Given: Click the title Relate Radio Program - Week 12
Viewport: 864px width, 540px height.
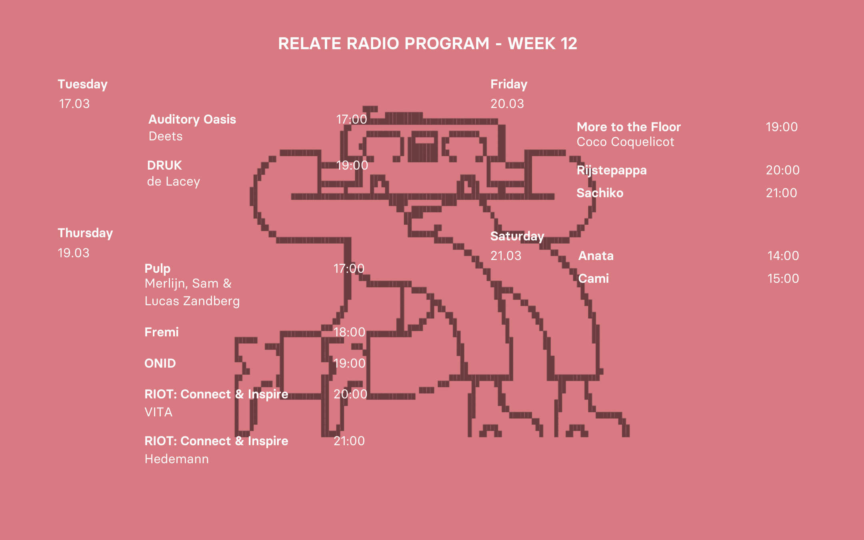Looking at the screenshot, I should [428, 44].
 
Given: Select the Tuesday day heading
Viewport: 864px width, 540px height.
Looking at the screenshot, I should [82, 84].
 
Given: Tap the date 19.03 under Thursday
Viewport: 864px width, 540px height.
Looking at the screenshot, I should [74, 253].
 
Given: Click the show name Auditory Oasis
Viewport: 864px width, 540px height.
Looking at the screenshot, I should [192, 119].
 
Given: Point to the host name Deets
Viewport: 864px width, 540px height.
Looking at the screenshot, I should [166, 136].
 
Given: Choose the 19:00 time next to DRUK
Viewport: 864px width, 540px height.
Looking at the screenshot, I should [352, 165].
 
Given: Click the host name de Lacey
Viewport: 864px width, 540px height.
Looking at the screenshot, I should [173, 182].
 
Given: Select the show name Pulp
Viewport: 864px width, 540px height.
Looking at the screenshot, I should [157, 268].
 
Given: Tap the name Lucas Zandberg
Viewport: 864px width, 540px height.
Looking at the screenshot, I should [192, 301].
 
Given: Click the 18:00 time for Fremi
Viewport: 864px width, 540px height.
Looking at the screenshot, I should [349, 332].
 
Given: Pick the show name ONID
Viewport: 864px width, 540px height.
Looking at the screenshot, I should [160, 363].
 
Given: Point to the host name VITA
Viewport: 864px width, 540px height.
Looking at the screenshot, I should [158, 412].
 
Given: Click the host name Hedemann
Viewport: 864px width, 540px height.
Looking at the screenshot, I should [176, 459].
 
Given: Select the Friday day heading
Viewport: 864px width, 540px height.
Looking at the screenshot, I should [509, 84].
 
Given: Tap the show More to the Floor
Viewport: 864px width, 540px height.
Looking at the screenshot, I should [628, 127].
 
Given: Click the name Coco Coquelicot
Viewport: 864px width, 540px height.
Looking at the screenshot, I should [625, 142].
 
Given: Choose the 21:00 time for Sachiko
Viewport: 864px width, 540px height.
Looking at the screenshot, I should [781, 193].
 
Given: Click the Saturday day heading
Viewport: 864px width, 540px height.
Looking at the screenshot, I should [517, 236].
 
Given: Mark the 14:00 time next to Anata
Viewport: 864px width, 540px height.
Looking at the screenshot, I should [783, 256].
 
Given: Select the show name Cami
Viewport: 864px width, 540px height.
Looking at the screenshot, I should [593, 278].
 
